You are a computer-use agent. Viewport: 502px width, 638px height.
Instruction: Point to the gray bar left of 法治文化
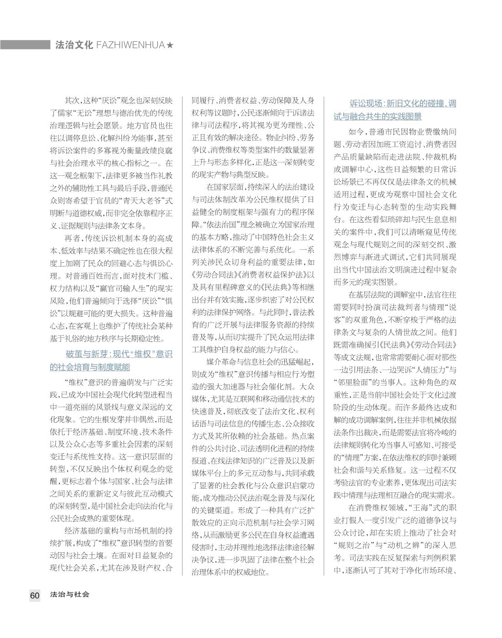click(25, 45)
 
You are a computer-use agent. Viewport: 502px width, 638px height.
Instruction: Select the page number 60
click(35, 595)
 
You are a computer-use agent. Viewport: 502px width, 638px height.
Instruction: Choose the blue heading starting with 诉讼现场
click(395, 110)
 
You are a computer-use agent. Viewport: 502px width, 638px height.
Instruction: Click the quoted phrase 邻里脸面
click(358, 382)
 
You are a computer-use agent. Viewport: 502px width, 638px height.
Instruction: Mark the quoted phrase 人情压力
click(426, 369)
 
